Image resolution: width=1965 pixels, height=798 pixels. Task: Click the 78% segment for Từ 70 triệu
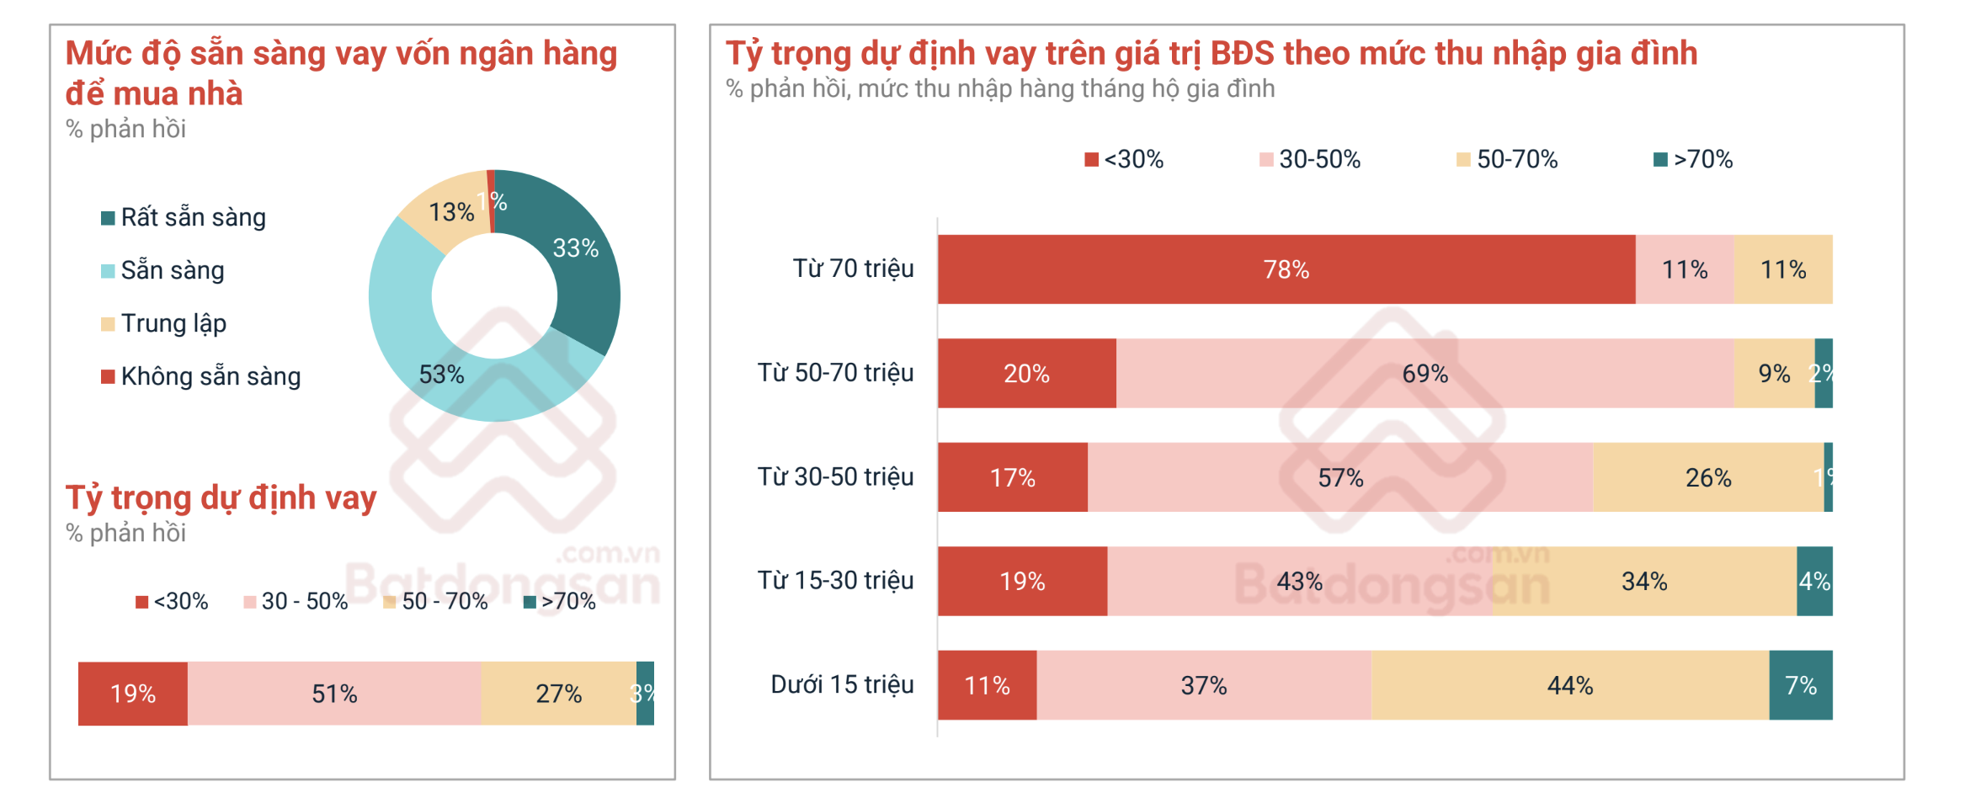[1286, 269]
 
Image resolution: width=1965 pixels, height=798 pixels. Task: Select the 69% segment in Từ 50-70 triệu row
[1424, 374]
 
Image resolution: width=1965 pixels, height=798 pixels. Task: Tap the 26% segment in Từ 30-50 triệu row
[1708, 477]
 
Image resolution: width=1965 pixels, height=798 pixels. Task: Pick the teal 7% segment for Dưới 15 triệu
[1801, 685]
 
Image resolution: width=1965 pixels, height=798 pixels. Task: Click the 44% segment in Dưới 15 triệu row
[1569, 685]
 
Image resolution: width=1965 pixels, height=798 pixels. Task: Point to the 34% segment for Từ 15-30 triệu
[1643, 581]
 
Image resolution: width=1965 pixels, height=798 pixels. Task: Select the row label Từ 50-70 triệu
[835, 373]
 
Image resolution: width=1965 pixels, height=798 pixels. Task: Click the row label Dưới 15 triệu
[842, 684]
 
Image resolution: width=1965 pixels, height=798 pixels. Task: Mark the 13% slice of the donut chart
[450, 212]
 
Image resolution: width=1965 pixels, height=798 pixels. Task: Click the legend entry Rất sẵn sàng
[193, 217]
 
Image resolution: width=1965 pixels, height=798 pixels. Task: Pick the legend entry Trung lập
[173, 323]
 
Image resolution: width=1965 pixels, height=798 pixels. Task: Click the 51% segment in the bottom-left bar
[334, 694]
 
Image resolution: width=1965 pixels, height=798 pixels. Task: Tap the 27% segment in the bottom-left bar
[558, 694]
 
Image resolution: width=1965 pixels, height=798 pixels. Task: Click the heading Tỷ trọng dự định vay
[221, 497]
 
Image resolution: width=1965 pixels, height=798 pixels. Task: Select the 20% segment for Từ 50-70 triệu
[1026, 374]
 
